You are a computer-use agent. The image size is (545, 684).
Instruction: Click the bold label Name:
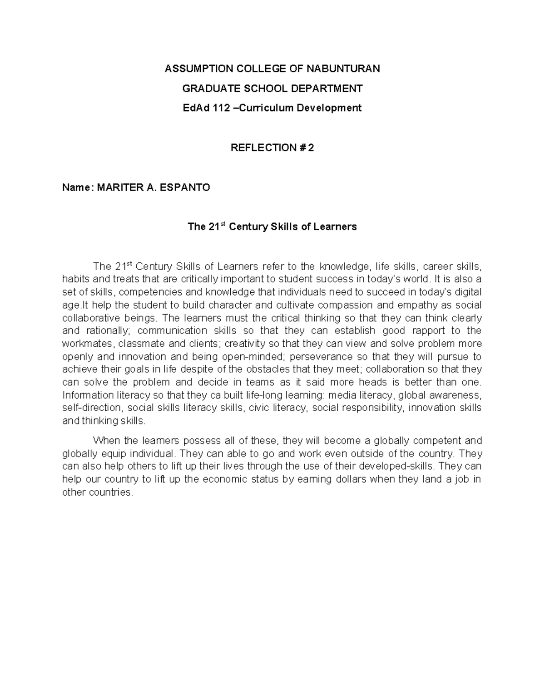pyautogui.click(x=76, y=187)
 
